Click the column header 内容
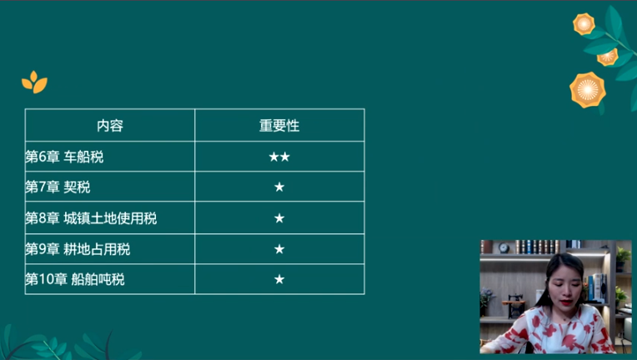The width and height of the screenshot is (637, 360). (x=110, y=126)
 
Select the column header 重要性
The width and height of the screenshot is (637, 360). (x=279, y=126)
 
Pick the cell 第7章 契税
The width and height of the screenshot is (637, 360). (x=58, y=187)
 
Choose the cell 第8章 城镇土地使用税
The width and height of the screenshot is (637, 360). (x=91, y=218)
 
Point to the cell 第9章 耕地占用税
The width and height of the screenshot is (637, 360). (x=78, y=249)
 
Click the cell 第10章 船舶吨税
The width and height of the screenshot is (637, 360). (x=74, y=279)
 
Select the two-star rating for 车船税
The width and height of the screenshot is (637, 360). (x=279, y=157)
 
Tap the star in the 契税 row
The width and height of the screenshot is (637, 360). (x=279, y=187)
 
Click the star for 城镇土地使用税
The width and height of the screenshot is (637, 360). (x=279, y=218)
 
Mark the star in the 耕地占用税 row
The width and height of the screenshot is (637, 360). (x=279, y=249)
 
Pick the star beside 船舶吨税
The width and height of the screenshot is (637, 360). (x=279, y=279)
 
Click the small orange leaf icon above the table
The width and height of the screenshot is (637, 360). (x=34, y=82)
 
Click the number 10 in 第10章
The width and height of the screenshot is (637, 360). (x=43, y=279)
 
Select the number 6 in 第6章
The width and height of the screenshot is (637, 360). (x=43, y=157)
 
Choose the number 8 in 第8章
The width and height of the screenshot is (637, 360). (x=43, y=218)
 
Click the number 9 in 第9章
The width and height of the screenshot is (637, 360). (x=43, y=249)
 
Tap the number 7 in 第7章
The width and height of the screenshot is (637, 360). (x=43, y=187)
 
